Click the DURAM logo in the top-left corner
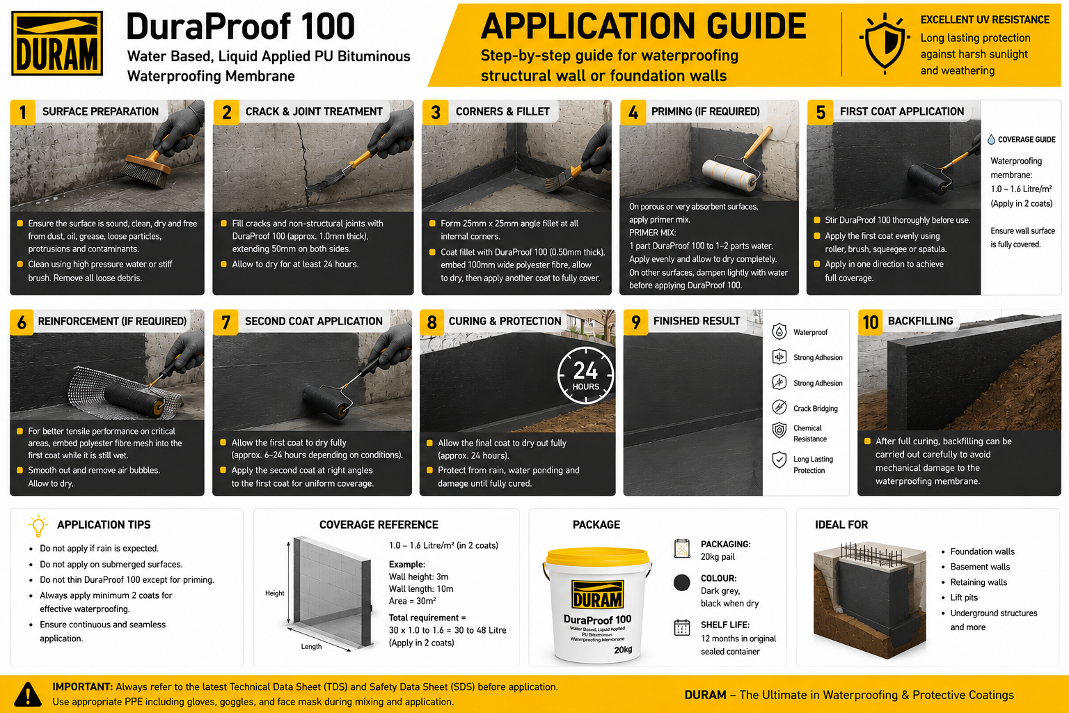[57, 43]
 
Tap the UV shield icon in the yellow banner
[885, 44]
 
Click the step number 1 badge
[22, 113]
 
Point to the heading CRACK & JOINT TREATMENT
[314, 111]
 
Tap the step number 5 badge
[820, 113]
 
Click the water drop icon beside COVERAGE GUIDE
[991, 139]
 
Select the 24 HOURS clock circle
[585, 375]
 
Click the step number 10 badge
[870, 322]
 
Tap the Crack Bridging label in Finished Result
[815, 408]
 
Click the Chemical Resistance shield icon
[779, 430]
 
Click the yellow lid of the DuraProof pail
[598, 557]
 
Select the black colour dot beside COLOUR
[682, 583]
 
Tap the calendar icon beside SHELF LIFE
[682, 627]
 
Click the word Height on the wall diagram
[274, 593]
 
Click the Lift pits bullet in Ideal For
[963, 597]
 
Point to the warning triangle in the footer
[28, 694]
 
